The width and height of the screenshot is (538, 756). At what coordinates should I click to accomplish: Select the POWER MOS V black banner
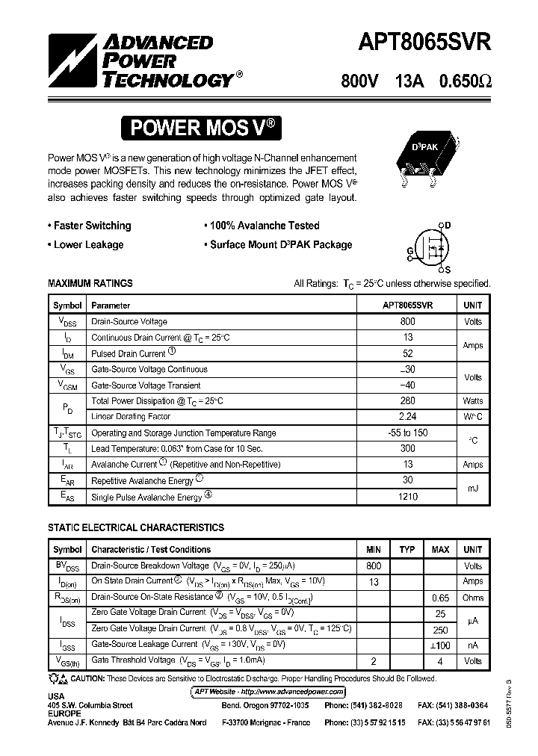(204, 128)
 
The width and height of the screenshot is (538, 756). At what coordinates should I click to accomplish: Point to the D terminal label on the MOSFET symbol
(448, 224)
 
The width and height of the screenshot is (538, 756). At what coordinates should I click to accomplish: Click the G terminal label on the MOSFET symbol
(409, 250)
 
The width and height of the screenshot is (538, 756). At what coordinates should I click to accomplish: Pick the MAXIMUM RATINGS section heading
(90, 283)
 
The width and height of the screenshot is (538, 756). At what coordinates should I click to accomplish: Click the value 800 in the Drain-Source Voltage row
(408, 321)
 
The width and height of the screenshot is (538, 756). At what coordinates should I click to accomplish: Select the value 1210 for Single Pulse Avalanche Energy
(408, 496)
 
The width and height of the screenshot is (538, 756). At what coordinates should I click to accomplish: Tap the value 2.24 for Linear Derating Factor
(408, 417)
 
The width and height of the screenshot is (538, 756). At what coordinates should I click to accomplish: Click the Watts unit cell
(472, 401)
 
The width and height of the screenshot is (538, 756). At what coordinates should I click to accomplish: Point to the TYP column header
(406, 550)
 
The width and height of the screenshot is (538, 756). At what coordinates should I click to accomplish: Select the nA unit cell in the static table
(472, 645)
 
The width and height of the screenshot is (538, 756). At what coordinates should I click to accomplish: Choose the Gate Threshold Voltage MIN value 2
(374, 661)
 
